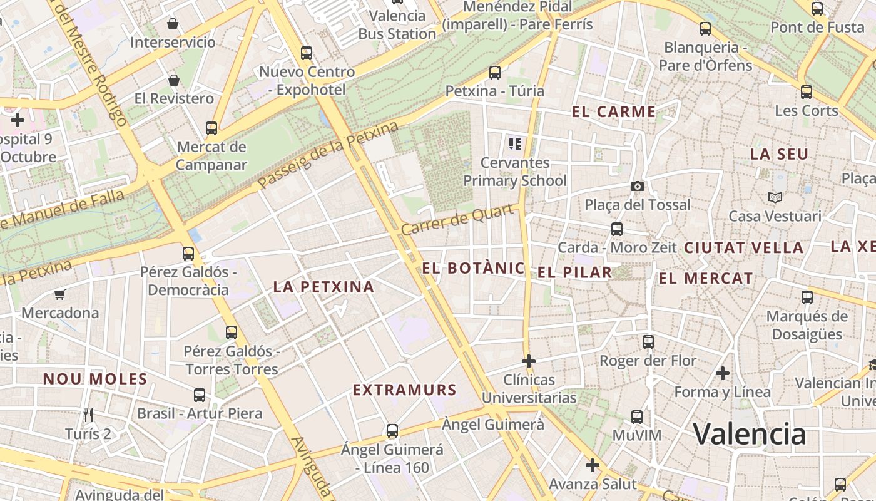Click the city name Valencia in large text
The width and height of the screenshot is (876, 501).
(749, 434)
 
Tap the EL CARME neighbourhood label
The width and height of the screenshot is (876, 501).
(613, 112)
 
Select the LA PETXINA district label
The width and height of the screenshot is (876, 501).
(323, 287)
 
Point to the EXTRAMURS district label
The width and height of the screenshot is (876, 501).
(405, 390)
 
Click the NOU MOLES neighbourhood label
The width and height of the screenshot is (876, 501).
(95, 379)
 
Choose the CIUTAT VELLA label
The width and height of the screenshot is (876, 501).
(743, 248)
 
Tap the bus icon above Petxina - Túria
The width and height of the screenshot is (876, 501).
(495, 73)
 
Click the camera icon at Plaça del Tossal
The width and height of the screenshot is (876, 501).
(638, 186)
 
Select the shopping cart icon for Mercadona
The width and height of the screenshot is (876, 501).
(60, 294)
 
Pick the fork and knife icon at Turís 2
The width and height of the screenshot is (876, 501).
(88, 415)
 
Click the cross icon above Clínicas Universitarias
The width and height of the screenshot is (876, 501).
(529, 361)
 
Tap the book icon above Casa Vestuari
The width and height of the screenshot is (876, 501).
(775, 198)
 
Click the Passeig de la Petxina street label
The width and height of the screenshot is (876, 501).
(328, 155)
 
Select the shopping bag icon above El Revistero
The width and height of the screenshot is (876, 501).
(174, 80)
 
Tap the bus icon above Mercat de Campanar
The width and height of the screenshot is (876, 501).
(211, 128)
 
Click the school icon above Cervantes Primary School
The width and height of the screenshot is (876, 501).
(515, 145)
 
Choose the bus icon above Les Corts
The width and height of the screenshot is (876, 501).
(807, 92)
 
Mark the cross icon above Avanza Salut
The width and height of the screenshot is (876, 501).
(593, 465)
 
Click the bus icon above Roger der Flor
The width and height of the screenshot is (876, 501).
(648, 342)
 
